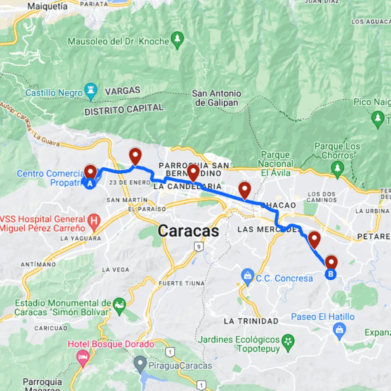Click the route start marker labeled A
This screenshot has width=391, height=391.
coord(90,184)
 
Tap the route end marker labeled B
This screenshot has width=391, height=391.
coord(331,274)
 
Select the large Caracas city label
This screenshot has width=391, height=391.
coord(189,231)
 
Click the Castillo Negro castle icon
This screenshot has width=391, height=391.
coord(91,90)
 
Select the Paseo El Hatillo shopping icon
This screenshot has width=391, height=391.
coord(338,328)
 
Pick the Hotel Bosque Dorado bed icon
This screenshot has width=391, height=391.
coord(83,357)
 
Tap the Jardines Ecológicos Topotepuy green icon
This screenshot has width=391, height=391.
coord(287,339)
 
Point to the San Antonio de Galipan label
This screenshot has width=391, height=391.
coord(217,98)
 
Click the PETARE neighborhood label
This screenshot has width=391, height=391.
coord(373,237)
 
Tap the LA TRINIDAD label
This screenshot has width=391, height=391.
coord(251,321)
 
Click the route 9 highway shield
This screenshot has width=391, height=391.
coord(197,247)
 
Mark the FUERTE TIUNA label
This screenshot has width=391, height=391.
coord(181,283)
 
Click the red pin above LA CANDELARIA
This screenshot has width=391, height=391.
coord(192,173)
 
